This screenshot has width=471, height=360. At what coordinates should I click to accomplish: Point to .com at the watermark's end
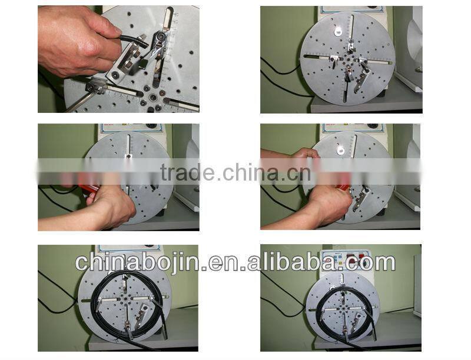[x=374, y=262]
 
